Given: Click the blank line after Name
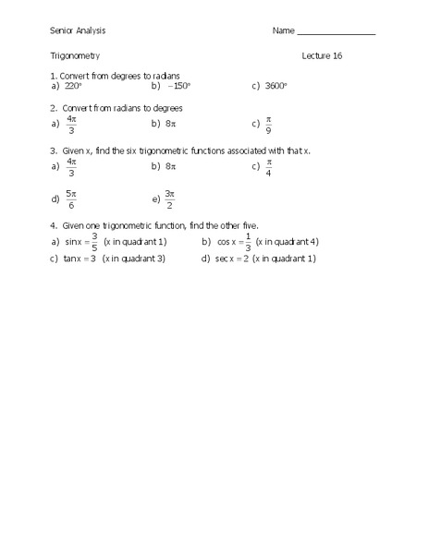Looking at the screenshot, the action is [336, 32].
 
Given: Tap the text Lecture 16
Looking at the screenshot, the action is [322, 56].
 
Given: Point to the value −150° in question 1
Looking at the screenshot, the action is [178, 86].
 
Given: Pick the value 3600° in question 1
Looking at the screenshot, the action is [276, 86].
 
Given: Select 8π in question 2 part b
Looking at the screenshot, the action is [170, 123].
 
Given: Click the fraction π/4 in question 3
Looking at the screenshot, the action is [269, 167].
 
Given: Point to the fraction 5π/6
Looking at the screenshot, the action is [71, 199].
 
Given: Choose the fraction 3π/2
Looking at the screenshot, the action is [169, 199].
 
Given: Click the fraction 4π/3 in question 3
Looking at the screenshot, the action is [71, 167].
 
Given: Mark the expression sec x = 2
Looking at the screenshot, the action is [232, 259].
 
